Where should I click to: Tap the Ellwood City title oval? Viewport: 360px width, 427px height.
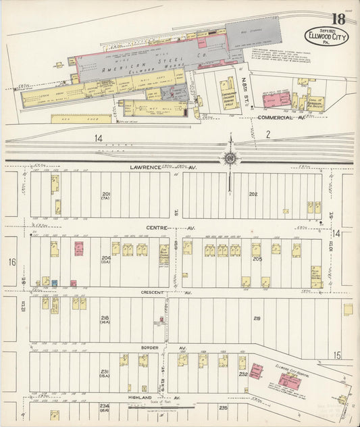click(x=326, y=36)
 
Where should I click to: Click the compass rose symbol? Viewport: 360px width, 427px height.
click(x=230, y=158)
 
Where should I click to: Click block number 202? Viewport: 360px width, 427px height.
click(x=253, y=194)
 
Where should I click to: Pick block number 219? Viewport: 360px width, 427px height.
click(x=257, y=318)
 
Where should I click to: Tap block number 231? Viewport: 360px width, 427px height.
click(x=105, y=373)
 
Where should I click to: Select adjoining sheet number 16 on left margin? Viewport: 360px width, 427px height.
click(x=11, y=260)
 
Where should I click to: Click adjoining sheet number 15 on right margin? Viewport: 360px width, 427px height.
click(x=337, y=355)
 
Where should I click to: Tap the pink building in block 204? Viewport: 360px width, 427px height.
click(x=79, y=248)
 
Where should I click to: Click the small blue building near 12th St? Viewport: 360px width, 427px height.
click(x=55, y=283)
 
